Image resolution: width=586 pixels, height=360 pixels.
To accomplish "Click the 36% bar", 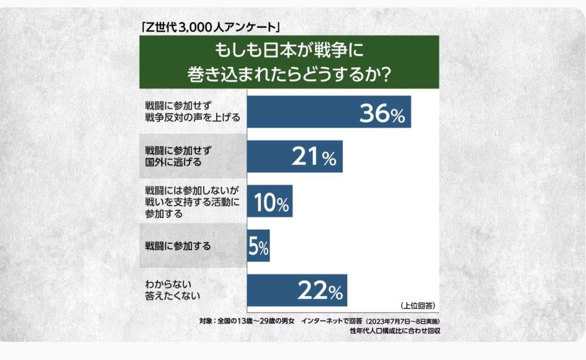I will tap(329, 112).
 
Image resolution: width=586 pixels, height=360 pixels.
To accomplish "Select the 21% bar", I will tap(295, 156).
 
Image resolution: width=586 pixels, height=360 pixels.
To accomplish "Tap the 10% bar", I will tap(270, 201).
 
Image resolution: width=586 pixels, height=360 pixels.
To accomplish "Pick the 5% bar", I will tap(258, 246).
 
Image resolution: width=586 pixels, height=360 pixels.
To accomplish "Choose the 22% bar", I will tap(297, 290).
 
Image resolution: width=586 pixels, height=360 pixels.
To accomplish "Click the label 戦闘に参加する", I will tap(178, 246).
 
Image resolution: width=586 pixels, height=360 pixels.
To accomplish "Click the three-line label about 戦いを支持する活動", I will tap(189, 201).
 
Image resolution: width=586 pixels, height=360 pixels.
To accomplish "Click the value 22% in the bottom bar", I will tap(320, 292).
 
